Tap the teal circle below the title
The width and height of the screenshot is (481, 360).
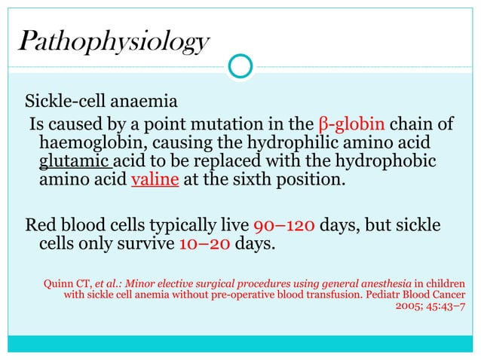click(x=240, y=67)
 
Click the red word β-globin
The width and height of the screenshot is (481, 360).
click(x=352, y=124)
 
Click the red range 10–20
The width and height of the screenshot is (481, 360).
click(x=205, y=244)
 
